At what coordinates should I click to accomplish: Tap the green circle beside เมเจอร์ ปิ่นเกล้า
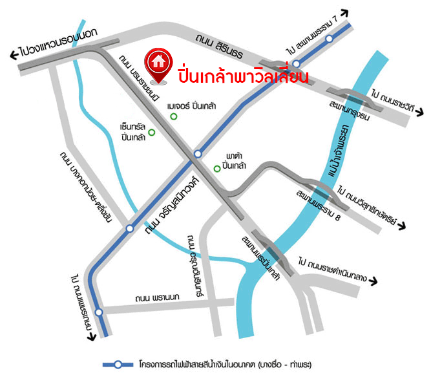[x=173, y=116]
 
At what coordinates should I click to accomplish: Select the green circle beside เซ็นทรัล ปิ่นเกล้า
[x=152, y=133]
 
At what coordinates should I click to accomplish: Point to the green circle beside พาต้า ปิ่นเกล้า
[x=217, y=169]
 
